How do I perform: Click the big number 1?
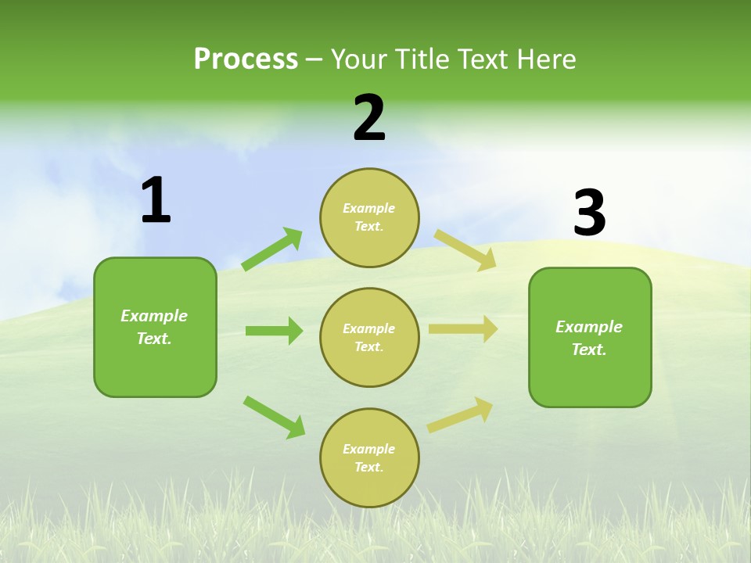click(156, 201)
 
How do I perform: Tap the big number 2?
click(369, 118)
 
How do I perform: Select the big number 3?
click(589, 213)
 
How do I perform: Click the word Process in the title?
click(246, 59)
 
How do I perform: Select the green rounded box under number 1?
click(155, 327)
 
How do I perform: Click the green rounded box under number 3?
click(590, 338)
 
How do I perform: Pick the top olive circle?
click(369, 217)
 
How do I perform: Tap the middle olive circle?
click(369, 337)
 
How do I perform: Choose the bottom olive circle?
click(369, 457)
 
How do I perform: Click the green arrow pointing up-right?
click(272, 249)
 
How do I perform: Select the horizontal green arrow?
click(274, 331)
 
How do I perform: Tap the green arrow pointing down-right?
click(274, 417)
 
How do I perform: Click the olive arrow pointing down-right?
click(465, 249)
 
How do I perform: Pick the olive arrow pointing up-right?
click(460, 414)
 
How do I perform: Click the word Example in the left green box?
click(154, 316)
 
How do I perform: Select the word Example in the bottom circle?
click(368, 449)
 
